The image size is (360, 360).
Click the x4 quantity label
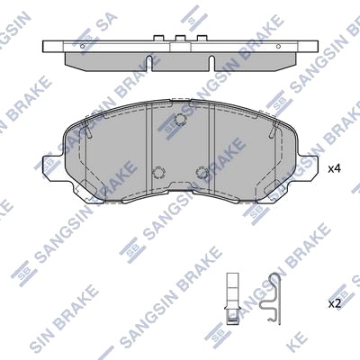[335, 169]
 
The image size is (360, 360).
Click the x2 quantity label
[335, 304]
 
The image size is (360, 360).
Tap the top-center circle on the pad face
[180, 120]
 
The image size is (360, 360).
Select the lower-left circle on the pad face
[158, 172]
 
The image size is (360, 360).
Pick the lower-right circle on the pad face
[202, 172]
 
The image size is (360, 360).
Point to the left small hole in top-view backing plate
[83, 46]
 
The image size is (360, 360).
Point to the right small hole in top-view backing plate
[278, 46]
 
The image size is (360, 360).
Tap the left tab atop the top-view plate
[158, 39]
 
